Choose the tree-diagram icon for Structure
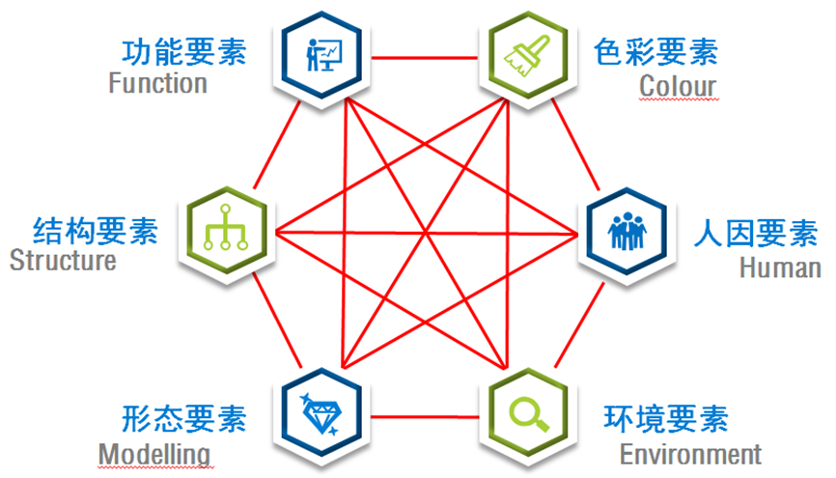click(x=225, y=232)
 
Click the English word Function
click(x=157, y=83)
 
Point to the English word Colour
click(x=678, y=86)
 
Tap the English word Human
click(x=780, y=267)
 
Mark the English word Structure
click(x=63, y=261)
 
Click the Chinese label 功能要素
click(x=183, y=50)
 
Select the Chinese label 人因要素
click(x=756, y=234)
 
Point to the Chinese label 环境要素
click(x=665, y=419)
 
